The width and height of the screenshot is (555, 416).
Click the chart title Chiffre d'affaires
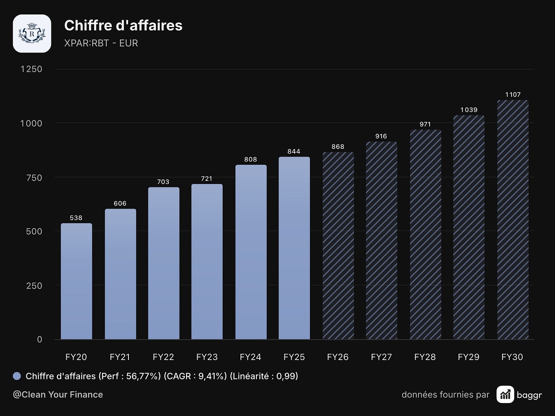pyautogui.click(x=123, y=26)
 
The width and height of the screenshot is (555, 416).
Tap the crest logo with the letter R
pyautogui.click(x=32, y=34)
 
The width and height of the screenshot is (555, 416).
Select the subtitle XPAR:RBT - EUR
pyautogui.click(x=101, y=43)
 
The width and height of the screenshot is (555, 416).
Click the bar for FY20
pyautogui.click(x=76, y=281)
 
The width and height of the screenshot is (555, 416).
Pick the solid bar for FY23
pyautogui.click(x=207, y=261)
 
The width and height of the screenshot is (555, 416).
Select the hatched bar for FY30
pyautogui.click(x=513, y=219)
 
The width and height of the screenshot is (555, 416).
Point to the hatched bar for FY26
pyautogui.click(x=338, y=245)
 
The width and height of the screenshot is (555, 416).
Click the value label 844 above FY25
pyautogui.click(x=294, y=151)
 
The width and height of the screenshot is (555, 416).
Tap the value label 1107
pyautogui.click(x=513, y=95)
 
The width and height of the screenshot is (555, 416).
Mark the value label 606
pyautogui.click(x=120, y=203)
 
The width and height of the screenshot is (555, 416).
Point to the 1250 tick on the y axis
pyautogui.click(x=31, y=69)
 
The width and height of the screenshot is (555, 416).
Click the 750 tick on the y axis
pyautogui.click(x=34, y=178)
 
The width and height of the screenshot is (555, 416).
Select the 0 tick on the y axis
pyautogui.click(x=39, y=339)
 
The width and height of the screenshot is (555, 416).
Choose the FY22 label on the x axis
pyautogui.click(x=164, y=357)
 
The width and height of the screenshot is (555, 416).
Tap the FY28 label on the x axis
pyautogui.click(x=425, y=357)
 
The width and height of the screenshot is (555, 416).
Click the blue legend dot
pyautogui.click(x=17, y=376)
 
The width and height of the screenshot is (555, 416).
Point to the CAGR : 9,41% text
pyautogui.click(x=195, y=376)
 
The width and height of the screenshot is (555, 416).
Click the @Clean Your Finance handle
pyautogui.click(x=58, y=395)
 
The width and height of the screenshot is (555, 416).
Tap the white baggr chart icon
pyautogui.click(x=505, y=394)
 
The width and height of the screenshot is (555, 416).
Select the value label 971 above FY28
pyautogui.click(x=425, y=124)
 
